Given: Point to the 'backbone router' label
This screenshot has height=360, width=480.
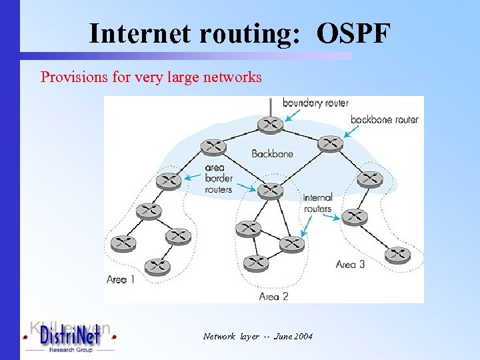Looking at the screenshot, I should pyautogui.click(x=385, y=119).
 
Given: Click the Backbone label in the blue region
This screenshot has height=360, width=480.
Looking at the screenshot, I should pyautogui.click(x=272, y=153).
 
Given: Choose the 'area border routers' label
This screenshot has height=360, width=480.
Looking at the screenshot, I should pyautogui.click(x=218, y=179).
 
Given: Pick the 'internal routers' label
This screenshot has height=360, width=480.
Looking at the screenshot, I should pyautogui.click(x=317, y=203).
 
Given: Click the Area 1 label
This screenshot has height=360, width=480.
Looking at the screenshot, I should pyautogui.click(x=120, y=279).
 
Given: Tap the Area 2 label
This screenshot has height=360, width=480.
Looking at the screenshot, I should pyautogui.click(x=273, y=296).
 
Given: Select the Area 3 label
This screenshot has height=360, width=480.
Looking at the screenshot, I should pyautogui.click(x=350, y=264).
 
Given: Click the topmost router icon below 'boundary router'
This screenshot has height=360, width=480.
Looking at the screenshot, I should pyautogui.click(x=269, y=125).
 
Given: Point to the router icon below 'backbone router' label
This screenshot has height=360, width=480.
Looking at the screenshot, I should pyautogui.click(x=329, y=143).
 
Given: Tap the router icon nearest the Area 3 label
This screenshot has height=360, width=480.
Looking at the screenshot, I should pyautogui.click(x=397, y=254).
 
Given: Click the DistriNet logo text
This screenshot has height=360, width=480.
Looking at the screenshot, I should pyautogui.click(x=70, y=337).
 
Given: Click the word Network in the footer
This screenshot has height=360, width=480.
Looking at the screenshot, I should pyautogui.click(x=219, y=337).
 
